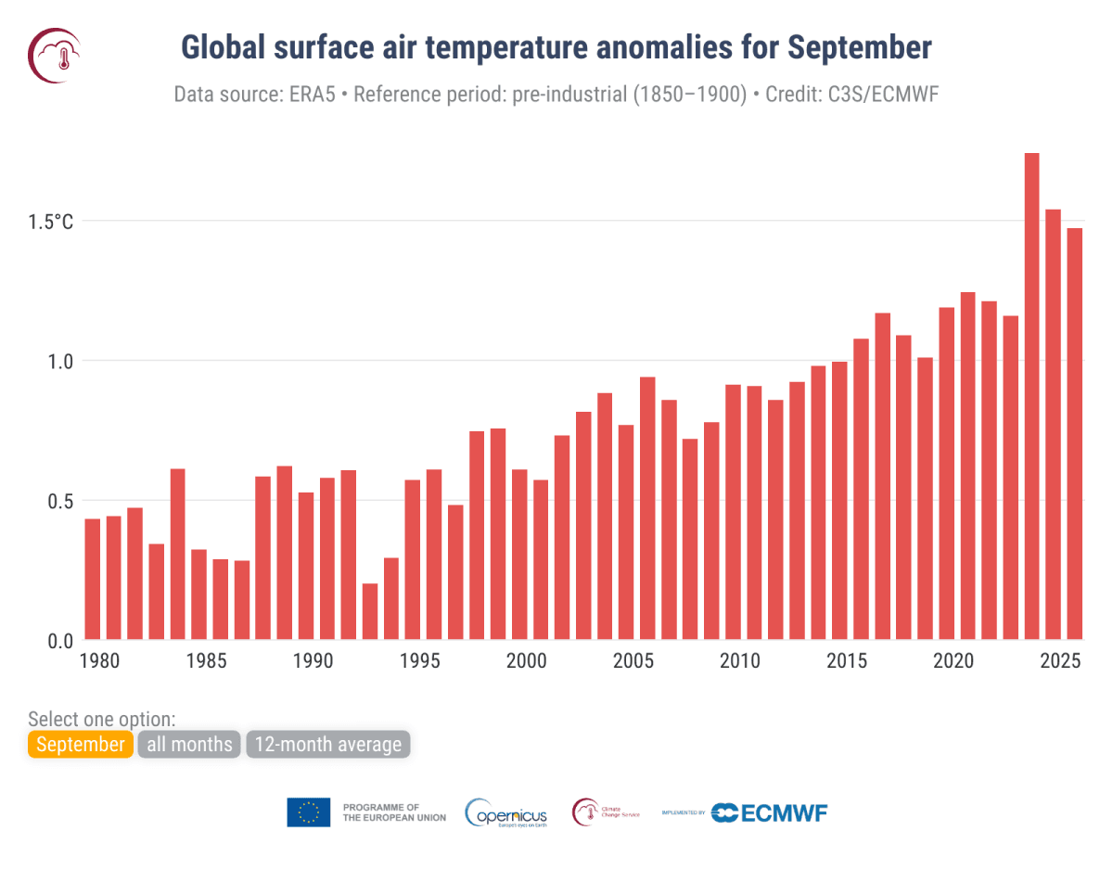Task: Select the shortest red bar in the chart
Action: [x=370, y=611]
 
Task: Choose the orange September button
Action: [x=81, y=745]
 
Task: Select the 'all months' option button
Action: [x=189, y=745]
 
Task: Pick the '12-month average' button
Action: [x=327, y=745]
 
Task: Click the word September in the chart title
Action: [x=860, y=47]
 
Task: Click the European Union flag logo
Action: [x=308, y=812]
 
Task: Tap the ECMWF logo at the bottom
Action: [x=769, y=812]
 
